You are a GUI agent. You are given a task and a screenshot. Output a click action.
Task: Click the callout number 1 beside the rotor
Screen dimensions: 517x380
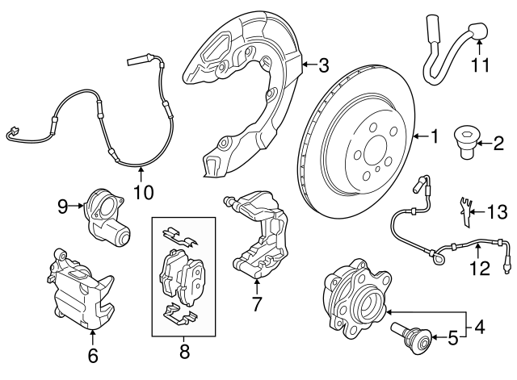[435, 136]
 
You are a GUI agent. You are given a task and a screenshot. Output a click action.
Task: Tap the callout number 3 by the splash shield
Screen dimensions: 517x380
[324, 65]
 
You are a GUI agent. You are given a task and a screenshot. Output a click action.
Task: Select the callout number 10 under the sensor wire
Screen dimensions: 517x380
[144, 192]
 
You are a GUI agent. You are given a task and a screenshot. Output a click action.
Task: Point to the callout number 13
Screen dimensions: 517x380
[497, 211]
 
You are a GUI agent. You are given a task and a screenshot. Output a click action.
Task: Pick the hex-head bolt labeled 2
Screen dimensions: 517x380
[464, 144]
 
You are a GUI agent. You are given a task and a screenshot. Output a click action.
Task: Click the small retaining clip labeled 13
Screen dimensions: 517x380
[465, 212]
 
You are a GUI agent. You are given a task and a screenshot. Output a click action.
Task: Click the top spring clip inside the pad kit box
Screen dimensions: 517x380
[180, 237]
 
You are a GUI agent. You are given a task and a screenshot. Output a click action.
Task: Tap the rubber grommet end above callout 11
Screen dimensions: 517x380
[477, 31]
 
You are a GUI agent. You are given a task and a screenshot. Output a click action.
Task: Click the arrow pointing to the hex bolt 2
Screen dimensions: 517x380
[483, 144]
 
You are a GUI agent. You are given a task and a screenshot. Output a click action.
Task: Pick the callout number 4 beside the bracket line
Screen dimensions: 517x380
[480, 327]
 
